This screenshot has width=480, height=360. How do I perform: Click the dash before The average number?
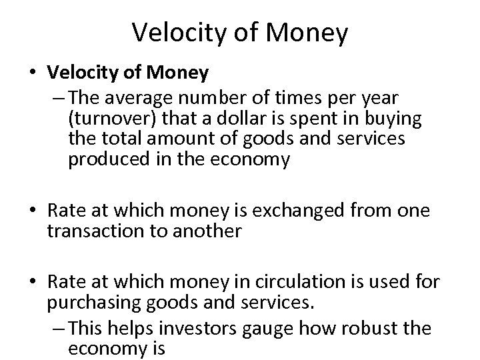(x=58, y=98)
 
